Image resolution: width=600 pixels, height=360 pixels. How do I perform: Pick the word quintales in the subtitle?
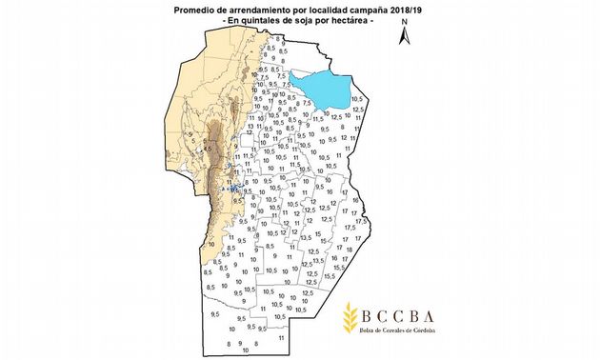click(265, 19)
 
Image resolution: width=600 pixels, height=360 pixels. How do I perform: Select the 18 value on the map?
click(355, 200)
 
